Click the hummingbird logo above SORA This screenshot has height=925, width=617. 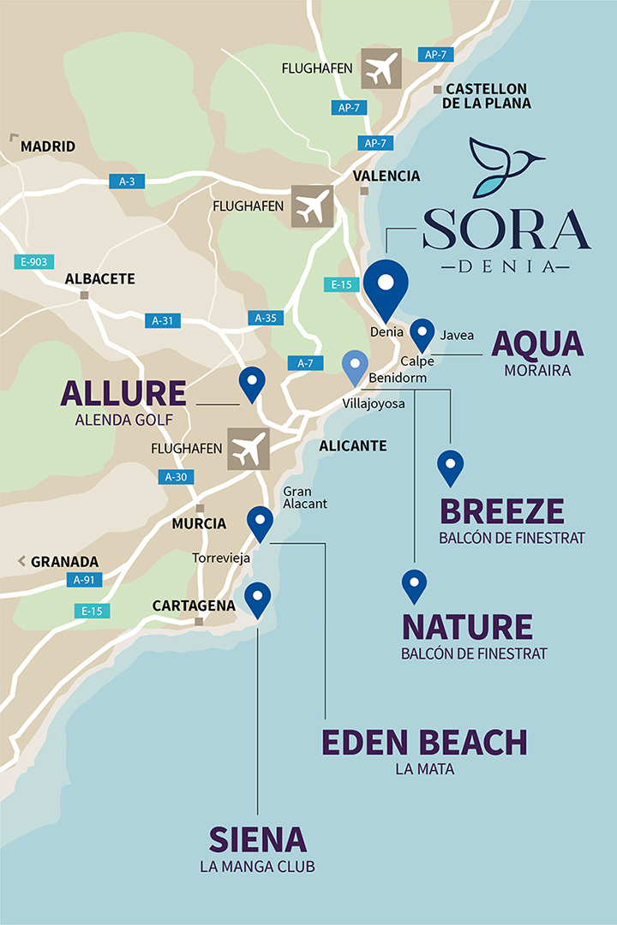(x=506, y=166)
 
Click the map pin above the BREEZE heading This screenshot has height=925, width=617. (x=450, y=467)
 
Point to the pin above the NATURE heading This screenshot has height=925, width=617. (x=414, y=586)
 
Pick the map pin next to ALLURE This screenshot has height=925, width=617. (x=252, y=383)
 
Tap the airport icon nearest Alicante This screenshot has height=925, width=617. (x=249, y=450)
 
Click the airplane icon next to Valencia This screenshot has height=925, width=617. (x=312, y=206)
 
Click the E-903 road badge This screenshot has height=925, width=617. (x=31, y=262)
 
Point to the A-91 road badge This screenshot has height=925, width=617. (x=84, y=580)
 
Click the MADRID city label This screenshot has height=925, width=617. (x=48, y=146)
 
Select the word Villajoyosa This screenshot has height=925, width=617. (x=373, y=403)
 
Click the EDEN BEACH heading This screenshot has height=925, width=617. (x=424, y=743)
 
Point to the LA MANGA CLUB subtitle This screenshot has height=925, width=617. (x=257, y=866)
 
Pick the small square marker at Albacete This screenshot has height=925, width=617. (x=84, y=295)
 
